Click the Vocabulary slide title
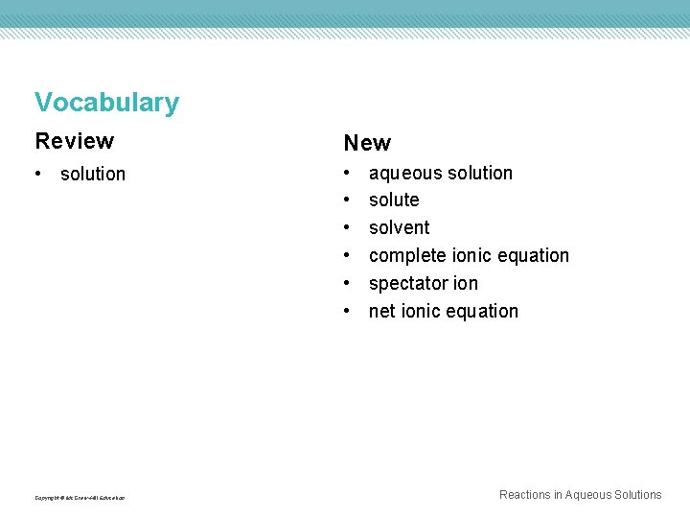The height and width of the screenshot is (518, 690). pos(106,103)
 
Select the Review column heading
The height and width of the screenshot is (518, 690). pos(74,141)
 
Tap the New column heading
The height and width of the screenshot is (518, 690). pos(367,143)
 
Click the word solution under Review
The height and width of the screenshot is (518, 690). pos(93,174)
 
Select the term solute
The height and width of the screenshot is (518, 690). pos(394,200)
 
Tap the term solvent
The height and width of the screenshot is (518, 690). pos(399,227)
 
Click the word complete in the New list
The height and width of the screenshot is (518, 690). pos(403,256)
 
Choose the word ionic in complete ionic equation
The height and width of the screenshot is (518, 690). pos(465,255)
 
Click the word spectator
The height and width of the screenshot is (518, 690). pos(405,284)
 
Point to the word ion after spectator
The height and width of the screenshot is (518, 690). pos(463,283)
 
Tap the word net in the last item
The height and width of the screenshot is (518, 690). pos(381,311)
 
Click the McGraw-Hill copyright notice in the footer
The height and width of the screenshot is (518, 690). pos(80,497)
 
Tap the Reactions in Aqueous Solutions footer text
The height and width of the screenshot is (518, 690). pos(580,495)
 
